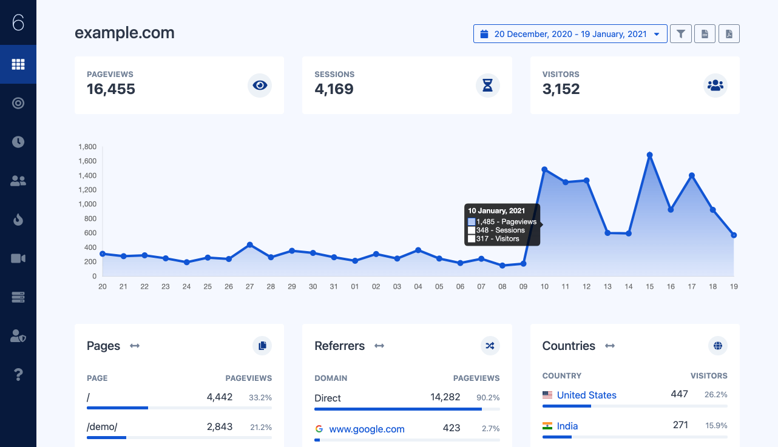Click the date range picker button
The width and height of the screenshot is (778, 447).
click(x=570, y=34)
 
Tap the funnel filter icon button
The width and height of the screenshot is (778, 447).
click(x=680, y=34)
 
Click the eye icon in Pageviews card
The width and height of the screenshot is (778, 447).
click(x=260, y=85)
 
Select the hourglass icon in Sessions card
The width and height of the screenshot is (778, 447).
click(x=487, y=85)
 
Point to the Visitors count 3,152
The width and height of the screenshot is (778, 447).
click(x=561, y=89)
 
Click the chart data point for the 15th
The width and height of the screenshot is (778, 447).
click(x=649, y=155)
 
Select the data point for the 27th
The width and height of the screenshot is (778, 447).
click(x=249, y=244)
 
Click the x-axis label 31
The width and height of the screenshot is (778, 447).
click(x=334, y=286)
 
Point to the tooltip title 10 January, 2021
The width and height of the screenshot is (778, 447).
click(x=496, y=211)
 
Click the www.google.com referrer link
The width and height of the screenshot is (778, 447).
click(x=367, y=429)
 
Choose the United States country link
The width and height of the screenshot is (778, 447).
click(x=586, y=395)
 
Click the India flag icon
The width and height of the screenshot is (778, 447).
click(x=547, y=426)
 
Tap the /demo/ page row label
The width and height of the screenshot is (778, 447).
click(x=102, y=426)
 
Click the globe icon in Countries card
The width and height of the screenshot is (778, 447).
click(x=717, y=346)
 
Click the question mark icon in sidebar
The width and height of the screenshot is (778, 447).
click(x=18, y=374)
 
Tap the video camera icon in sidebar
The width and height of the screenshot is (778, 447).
click(x=18, y=258)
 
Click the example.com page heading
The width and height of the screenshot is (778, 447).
click(x=124, y=33)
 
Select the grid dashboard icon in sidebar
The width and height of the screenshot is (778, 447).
click(x=18, y=64)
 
